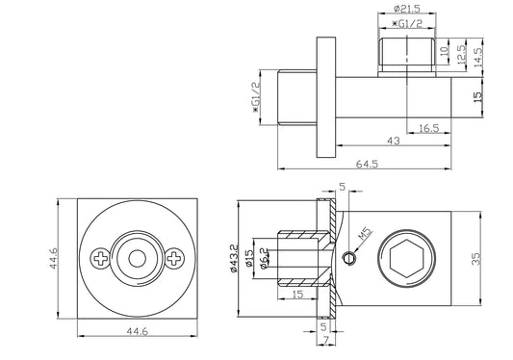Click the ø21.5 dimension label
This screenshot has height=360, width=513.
coord(407,9)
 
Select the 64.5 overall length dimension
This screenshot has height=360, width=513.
coord(367,164)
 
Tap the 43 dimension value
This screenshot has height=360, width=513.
coord(394,141)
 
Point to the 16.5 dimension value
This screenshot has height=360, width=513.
coord(429,128)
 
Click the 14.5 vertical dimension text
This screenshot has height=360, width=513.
coord(477,58)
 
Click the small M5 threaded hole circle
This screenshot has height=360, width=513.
coord(349,258)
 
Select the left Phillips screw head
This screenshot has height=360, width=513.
coord(101,259)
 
